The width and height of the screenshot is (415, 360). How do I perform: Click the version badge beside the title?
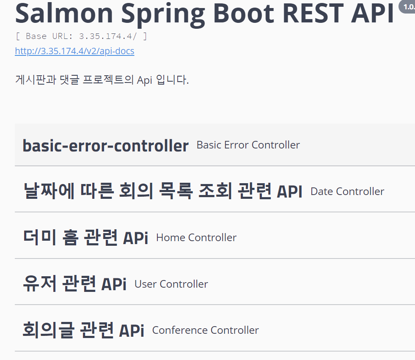tap(407, 7)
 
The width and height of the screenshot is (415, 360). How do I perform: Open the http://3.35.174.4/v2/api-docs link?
tap(74, 51)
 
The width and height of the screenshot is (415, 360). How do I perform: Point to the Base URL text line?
tap(81, 36)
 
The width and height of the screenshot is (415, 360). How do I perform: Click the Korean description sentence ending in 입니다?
tap(102, 80)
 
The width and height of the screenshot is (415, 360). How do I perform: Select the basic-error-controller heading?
tap(105, 146)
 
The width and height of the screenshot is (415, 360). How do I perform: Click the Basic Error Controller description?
tap(248, 145)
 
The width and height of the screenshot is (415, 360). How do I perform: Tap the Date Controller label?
tap(347, 192)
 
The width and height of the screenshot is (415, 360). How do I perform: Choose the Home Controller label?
tap(196, 238)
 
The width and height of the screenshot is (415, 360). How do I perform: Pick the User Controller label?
tap(171, 284)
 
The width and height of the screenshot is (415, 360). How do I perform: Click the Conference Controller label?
tap(205, 330)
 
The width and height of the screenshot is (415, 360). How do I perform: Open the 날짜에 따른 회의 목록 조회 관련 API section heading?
tap(163, 192)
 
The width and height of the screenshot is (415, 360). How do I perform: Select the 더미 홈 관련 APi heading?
tap(85, 238)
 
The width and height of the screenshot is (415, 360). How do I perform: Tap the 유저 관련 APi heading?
tap(74, 284)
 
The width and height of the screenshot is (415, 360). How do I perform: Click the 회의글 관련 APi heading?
tap(83, 330)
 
